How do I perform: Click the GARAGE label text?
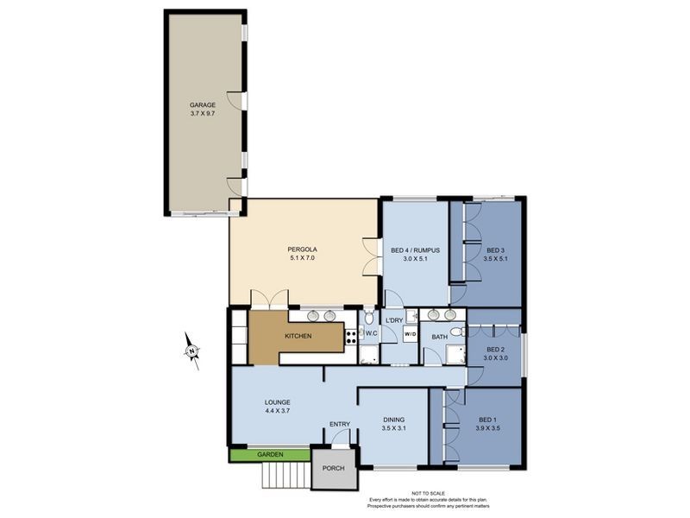(203, 104)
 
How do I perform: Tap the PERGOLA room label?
(303, 250)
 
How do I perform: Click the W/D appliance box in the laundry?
(411, 335)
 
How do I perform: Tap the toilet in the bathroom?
(463, 332)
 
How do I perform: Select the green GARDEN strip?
(269, 454)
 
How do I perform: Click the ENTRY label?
(340, 424)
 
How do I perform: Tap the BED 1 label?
(486, 420)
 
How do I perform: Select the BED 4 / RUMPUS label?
(415, 250)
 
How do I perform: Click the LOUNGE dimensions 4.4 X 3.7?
(278, 411)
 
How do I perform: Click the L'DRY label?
(394, 321)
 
